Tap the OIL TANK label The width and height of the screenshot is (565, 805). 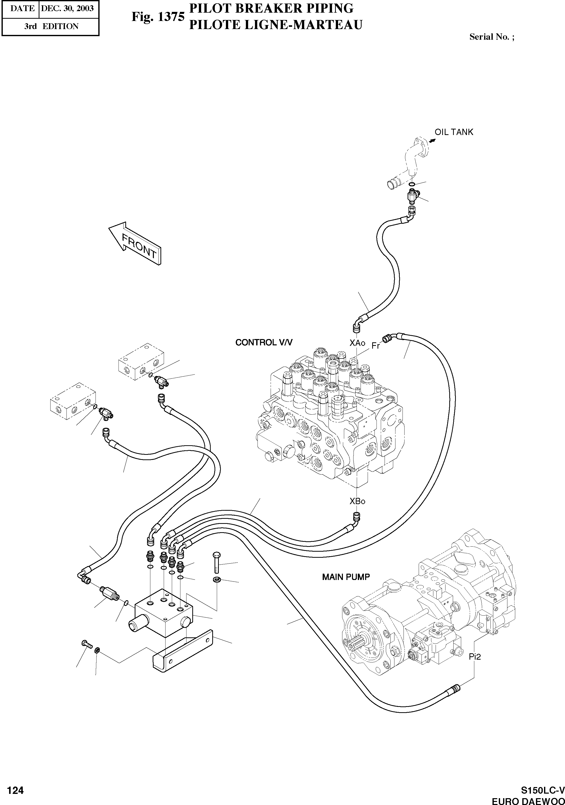click(x=454, y=132)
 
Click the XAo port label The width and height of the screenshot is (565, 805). click(x=357, y=343)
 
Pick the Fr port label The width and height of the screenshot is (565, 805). click(x=375, y=346)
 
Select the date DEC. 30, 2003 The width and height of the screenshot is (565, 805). click(x=67, y=8)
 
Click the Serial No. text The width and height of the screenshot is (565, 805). click(x=492, y=37)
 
